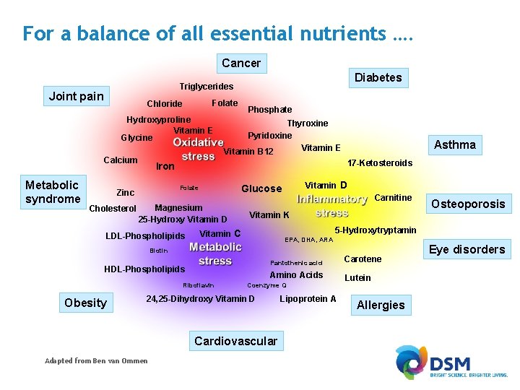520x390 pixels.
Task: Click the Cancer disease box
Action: (x=241, y=63)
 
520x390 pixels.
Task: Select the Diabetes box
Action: (x=378, y=77)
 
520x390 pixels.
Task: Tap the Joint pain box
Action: (x=76, y=96)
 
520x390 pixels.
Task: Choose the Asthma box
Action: (x=454, y=144)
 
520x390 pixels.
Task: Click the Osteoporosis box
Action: (x=468, y=204)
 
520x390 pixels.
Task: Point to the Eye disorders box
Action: (x=467, y=249)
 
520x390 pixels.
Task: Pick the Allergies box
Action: (x=381, y=305)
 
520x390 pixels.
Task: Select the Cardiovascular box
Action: (x=235, y=341)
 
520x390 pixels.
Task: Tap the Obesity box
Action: (x=85, y=303)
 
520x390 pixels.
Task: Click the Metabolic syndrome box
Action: (x=53, y=191)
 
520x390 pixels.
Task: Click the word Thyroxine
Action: (x=308, y=123)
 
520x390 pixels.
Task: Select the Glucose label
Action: (x=261, y=188)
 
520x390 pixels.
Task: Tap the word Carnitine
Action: (x=393, y=198)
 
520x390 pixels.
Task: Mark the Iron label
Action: (x=165, y=166)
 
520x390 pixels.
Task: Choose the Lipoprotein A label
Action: (x=308, y=299)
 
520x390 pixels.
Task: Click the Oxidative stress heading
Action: (x=198, y=149)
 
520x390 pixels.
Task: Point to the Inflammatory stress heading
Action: (x=332, y=206)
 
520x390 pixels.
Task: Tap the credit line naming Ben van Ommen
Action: (x=96, y=361)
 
